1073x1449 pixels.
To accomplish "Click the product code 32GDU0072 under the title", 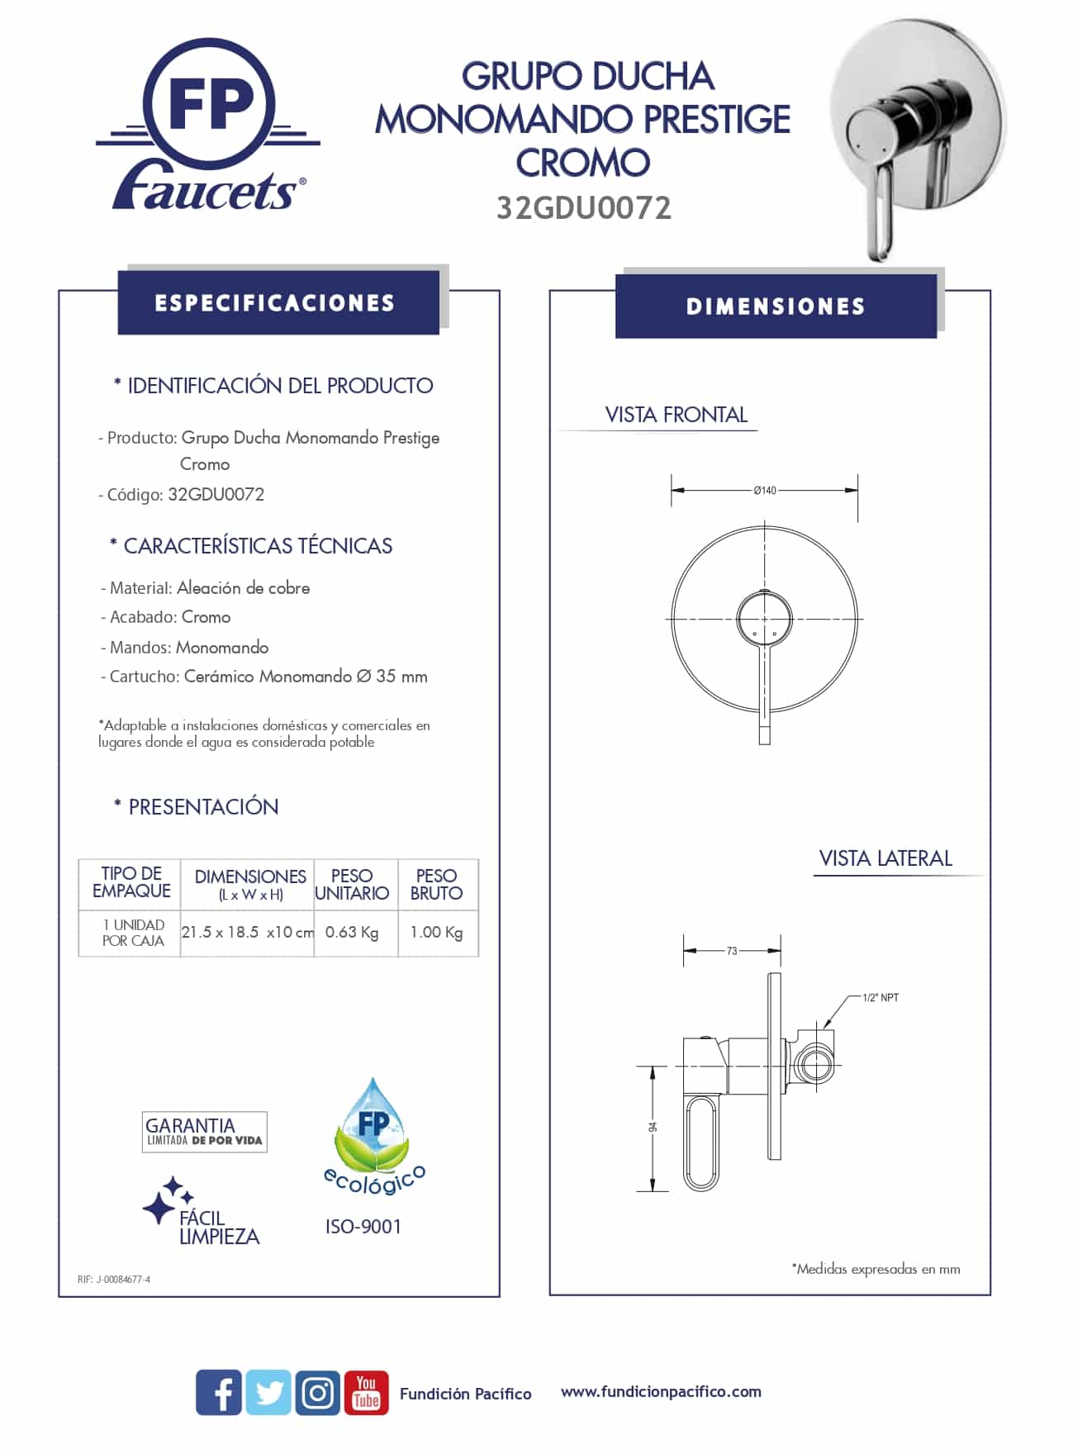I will (x=583, y=208).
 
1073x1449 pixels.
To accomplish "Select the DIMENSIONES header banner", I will (x=776, y=306).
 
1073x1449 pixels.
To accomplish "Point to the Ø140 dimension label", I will (x=765, y=491).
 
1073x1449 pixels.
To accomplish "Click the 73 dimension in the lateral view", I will (x=732, y=951).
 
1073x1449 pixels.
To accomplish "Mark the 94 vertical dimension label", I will (x=653, y=1127).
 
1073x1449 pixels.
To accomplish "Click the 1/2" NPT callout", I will (x=880, y=998).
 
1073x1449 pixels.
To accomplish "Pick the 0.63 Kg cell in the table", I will (x=352, y=933).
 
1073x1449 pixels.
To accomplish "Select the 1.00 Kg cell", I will (x=436, y=933).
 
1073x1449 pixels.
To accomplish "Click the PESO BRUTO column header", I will (x=436, y=885).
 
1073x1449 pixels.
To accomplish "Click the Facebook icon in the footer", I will (x=219, y=1392).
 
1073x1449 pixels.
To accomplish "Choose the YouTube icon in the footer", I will (x=366, y=1392).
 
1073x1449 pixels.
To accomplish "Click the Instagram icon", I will (x=317, y=1392).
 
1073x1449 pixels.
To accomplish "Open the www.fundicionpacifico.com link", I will (x=661, y=1392).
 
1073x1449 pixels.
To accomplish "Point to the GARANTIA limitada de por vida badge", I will (x=204, y=1132).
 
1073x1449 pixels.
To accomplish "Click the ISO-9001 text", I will (x=363, y=1227).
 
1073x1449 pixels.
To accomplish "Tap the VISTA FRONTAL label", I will (x=676, y=415).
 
